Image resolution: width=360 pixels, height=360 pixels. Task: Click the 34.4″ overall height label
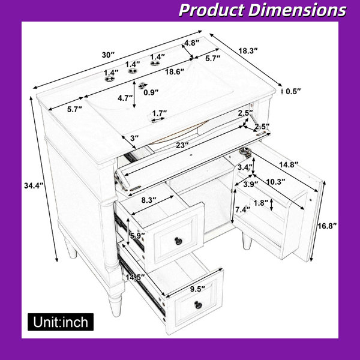[x=34, y=185]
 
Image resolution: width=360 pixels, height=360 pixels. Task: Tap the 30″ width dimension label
[x=108, y=55]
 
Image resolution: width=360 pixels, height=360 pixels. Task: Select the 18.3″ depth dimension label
[x=248, y=51]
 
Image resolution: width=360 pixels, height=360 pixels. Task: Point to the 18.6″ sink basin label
[x=175, y=72]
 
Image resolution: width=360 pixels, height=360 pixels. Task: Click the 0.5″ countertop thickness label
[x=293, y=92]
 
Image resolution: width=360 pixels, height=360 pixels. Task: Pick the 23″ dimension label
[x=182, y=145]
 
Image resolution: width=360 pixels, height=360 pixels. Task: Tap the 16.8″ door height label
[x=327, y=226]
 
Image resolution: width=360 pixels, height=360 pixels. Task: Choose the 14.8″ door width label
[x=289, y=164]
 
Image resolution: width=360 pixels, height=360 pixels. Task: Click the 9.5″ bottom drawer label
[x=197, y=289]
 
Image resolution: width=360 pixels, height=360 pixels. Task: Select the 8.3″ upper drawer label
[x=149, y=200]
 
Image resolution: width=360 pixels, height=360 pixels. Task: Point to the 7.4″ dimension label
[x=242, y=209]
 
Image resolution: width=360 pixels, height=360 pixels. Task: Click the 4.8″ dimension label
[x=192, y=43]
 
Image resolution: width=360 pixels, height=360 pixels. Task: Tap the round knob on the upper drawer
[x=178, y=241]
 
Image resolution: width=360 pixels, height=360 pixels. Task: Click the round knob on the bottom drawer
[x=198, y=305]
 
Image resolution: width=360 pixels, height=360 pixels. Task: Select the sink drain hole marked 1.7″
[x=156, y=120]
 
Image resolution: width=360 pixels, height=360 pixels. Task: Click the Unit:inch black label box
[x=61, y=322]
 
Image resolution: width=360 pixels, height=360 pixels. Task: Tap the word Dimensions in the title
[x=297, y=10]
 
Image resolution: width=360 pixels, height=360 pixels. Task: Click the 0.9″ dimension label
[x=151, y=92]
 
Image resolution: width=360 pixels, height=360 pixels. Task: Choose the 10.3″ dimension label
[x=275, y=182]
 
